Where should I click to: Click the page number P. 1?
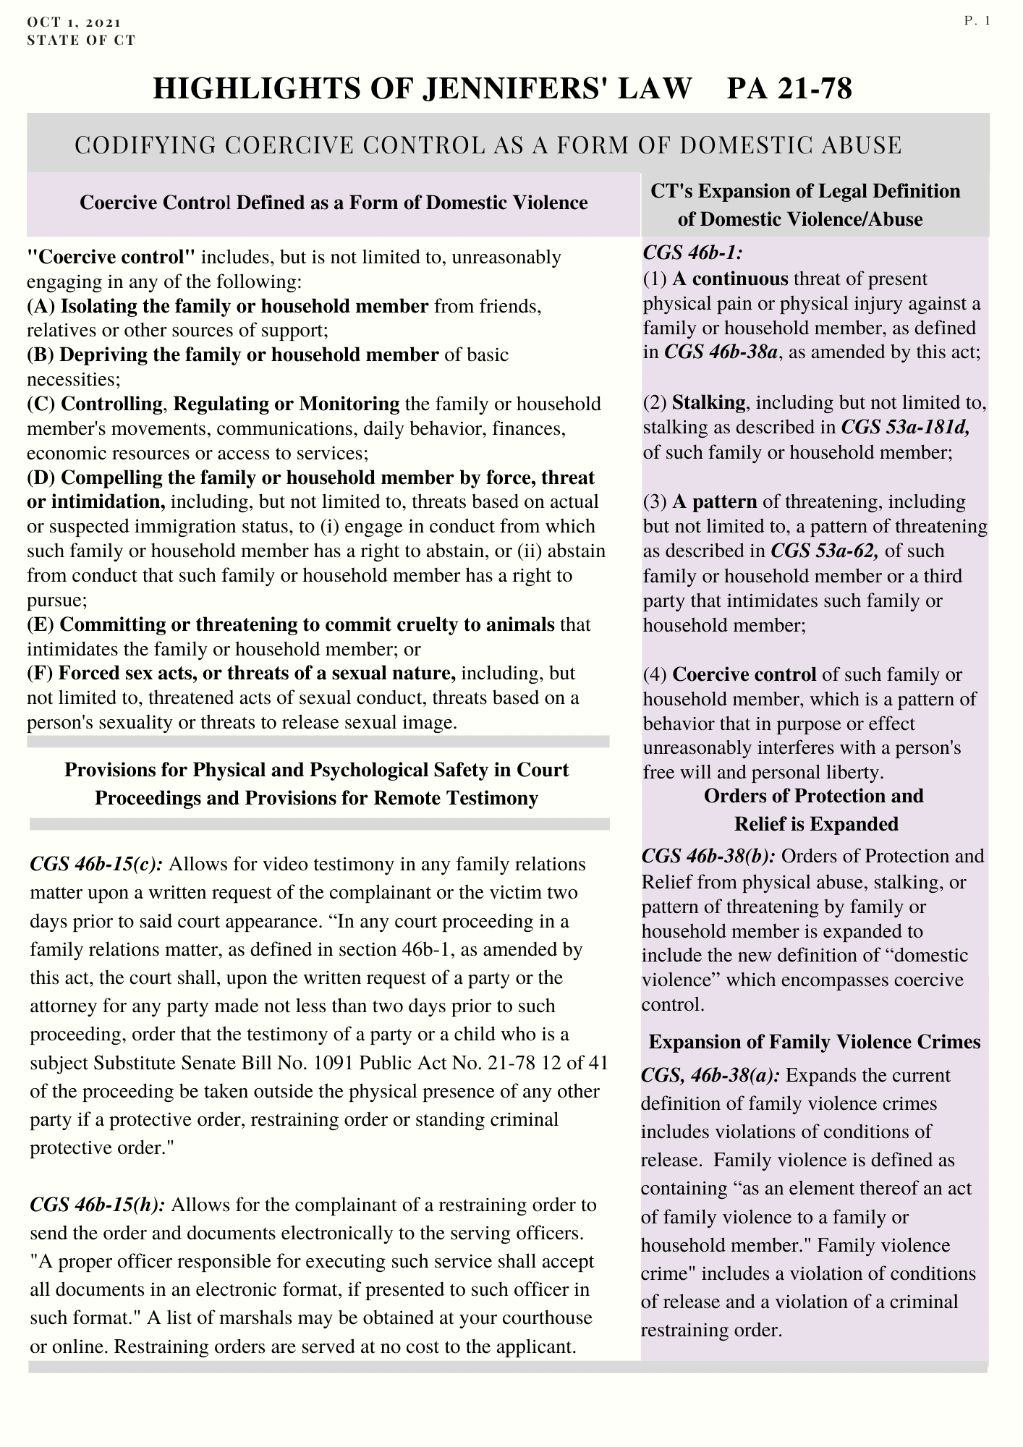coord(976,21)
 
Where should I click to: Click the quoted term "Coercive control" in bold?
coord(111,257)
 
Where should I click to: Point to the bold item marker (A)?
coord(41,306)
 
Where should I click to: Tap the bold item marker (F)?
coord(40,674)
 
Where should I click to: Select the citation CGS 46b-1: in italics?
coord(692,254)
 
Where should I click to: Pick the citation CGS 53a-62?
coord(825,551)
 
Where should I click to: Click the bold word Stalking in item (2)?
coord(708,402)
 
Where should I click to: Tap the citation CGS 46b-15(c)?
coord(96,865)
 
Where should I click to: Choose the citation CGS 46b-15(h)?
coord(98,1205)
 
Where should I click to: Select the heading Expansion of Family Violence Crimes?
coord(814,1042)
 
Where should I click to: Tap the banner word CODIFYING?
coord(146,145)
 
